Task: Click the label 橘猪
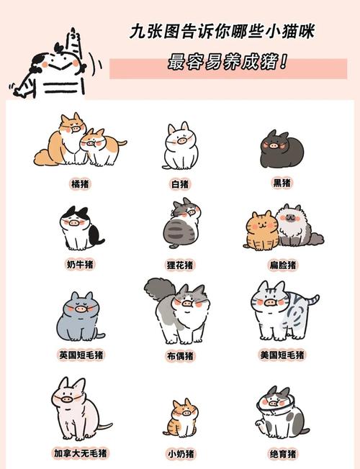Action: coord(81,184)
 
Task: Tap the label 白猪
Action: coord(180,184)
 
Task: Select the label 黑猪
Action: coord(282,183)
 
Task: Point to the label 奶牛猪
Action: coord(81,264)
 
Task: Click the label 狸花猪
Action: coord(180,265)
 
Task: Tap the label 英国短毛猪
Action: coord(81,355)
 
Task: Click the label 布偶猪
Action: coord(180,355)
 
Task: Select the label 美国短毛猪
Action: coord(282,355)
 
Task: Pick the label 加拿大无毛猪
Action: coord(81,453)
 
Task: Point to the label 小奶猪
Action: coord(180,453)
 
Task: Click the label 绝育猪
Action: coord(282,453)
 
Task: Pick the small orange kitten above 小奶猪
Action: coord(181,419)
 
